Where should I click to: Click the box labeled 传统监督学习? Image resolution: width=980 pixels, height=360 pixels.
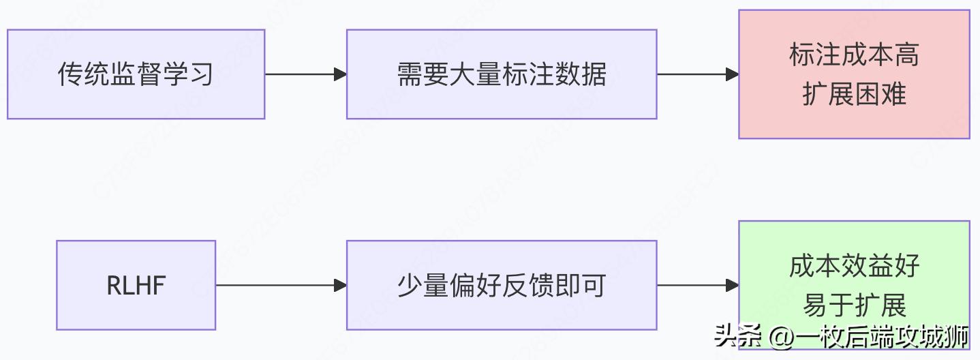point(136,74)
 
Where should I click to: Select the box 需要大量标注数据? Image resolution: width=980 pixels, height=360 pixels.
point(502,74)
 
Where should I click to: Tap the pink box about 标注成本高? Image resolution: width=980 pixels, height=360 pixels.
point(854,74)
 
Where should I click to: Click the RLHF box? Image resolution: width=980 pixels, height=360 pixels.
point(136,285)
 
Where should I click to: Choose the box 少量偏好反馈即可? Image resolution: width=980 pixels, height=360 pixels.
point(502,285)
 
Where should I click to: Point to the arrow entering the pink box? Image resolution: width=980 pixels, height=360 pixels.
point(698,74)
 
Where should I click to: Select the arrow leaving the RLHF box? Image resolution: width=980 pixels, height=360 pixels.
point(281,285)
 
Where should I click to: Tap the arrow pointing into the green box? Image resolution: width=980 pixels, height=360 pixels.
point(698,285)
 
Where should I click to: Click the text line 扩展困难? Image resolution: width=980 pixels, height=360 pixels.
point(854,94)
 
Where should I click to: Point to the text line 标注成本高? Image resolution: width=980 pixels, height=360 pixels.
point(854,55)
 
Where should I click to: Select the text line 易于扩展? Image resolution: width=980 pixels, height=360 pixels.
point(854,305)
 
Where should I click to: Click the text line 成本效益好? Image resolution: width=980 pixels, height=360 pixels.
point(854,265)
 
